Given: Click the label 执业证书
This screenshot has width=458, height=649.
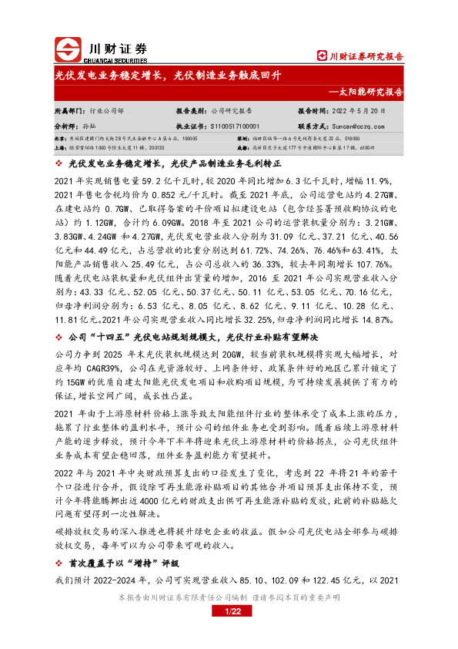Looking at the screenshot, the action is click(x=191, y=125).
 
